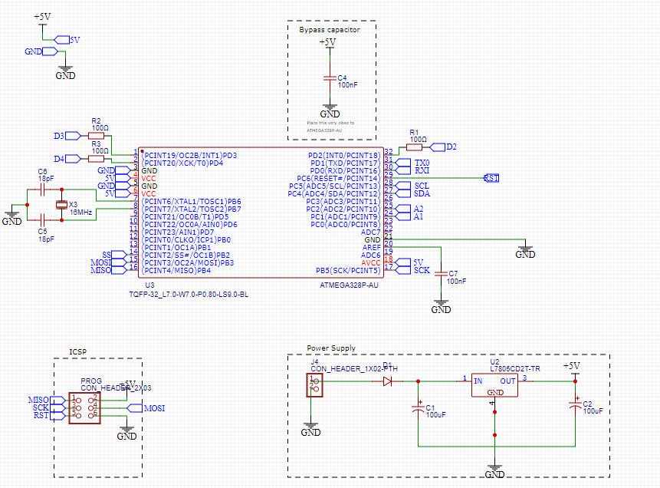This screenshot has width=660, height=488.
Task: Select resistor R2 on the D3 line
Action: pyautogui.click(x=96, y=135)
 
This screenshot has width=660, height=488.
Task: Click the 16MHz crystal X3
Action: pyautogui.click(x=62, y=205)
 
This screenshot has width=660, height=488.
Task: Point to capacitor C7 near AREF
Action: pyautogui.click(x=441, y=273)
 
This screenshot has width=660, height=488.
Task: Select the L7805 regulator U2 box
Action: pyautogui.click(x=494, y=385)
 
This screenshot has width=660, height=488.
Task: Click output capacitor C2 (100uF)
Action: pyautogui.click(x=575, y=407)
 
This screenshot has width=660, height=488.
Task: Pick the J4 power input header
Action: pyautogui.click(x=313, y=384)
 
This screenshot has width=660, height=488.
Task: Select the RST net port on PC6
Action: pyautogui.click(x=491, y=178)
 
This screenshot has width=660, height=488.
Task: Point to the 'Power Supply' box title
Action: pyautogui.click(x=331, y=348)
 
